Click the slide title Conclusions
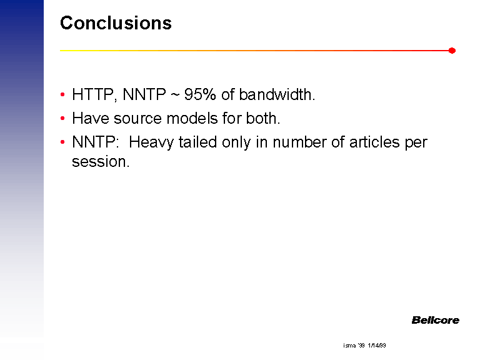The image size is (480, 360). point(116,23)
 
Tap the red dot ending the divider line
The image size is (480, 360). point(452,51)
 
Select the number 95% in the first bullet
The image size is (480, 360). point(200,94)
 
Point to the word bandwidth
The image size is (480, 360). point(277,94)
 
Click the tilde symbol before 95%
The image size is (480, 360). point(174,94)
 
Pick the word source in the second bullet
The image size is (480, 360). point(137,119)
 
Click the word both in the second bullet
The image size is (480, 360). point(262,118)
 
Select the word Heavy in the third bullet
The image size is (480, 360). point(151,142)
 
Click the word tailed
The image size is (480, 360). point(197,142)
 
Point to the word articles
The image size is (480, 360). point(374,142)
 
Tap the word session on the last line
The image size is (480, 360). point(101,161)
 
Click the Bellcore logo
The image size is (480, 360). point(435,320)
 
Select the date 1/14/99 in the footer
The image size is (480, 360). point(377,345)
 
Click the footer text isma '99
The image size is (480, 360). point(354,345)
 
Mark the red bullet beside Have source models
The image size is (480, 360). point(62,118)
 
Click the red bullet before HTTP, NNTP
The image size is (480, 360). point(62,94)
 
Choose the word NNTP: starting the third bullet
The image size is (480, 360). point(95,142)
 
